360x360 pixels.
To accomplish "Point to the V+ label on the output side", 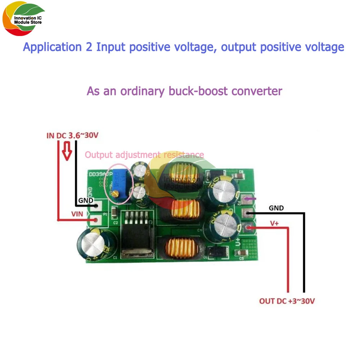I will coord(274,223).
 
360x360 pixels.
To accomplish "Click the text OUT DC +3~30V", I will coord(287,301).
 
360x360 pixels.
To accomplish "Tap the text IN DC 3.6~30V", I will coord(72,136).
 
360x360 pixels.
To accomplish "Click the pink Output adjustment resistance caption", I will coord(144,155).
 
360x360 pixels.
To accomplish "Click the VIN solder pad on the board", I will coord(95,219).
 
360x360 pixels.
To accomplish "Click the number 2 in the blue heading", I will coord(89,47).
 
